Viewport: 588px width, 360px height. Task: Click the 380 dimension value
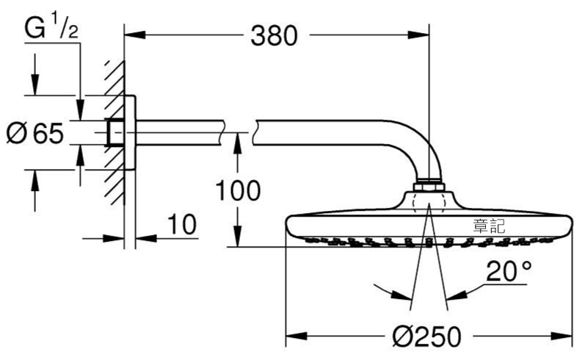274,36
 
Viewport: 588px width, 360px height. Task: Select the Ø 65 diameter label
35,133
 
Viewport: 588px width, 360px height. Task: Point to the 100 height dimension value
238,190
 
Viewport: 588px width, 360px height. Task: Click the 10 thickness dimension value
181,225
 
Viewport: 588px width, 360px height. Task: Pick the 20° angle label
509,270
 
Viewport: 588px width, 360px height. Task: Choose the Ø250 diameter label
427,336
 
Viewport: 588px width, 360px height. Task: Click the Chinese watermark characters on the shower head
489,226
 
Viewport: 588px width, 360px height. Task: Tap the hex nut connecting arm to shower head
429,187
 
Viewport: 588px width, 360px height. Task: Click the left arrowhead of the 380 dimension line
134,35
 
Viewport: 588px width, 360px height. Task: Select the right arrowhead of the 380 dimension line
418,35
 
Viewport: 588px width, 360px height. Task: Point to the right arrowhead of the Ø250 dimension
562,336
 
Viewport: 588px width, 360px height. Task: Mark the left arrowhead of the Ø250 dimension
297,336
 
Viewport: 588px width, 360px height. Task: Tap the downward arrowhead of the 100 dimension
237,236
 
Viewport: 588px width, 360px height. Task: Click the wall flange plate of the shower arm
130,132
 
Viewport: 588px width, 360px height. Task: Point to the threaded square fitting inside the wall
115,132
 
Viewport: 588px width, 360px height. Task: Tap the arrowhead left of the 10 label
114,238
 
